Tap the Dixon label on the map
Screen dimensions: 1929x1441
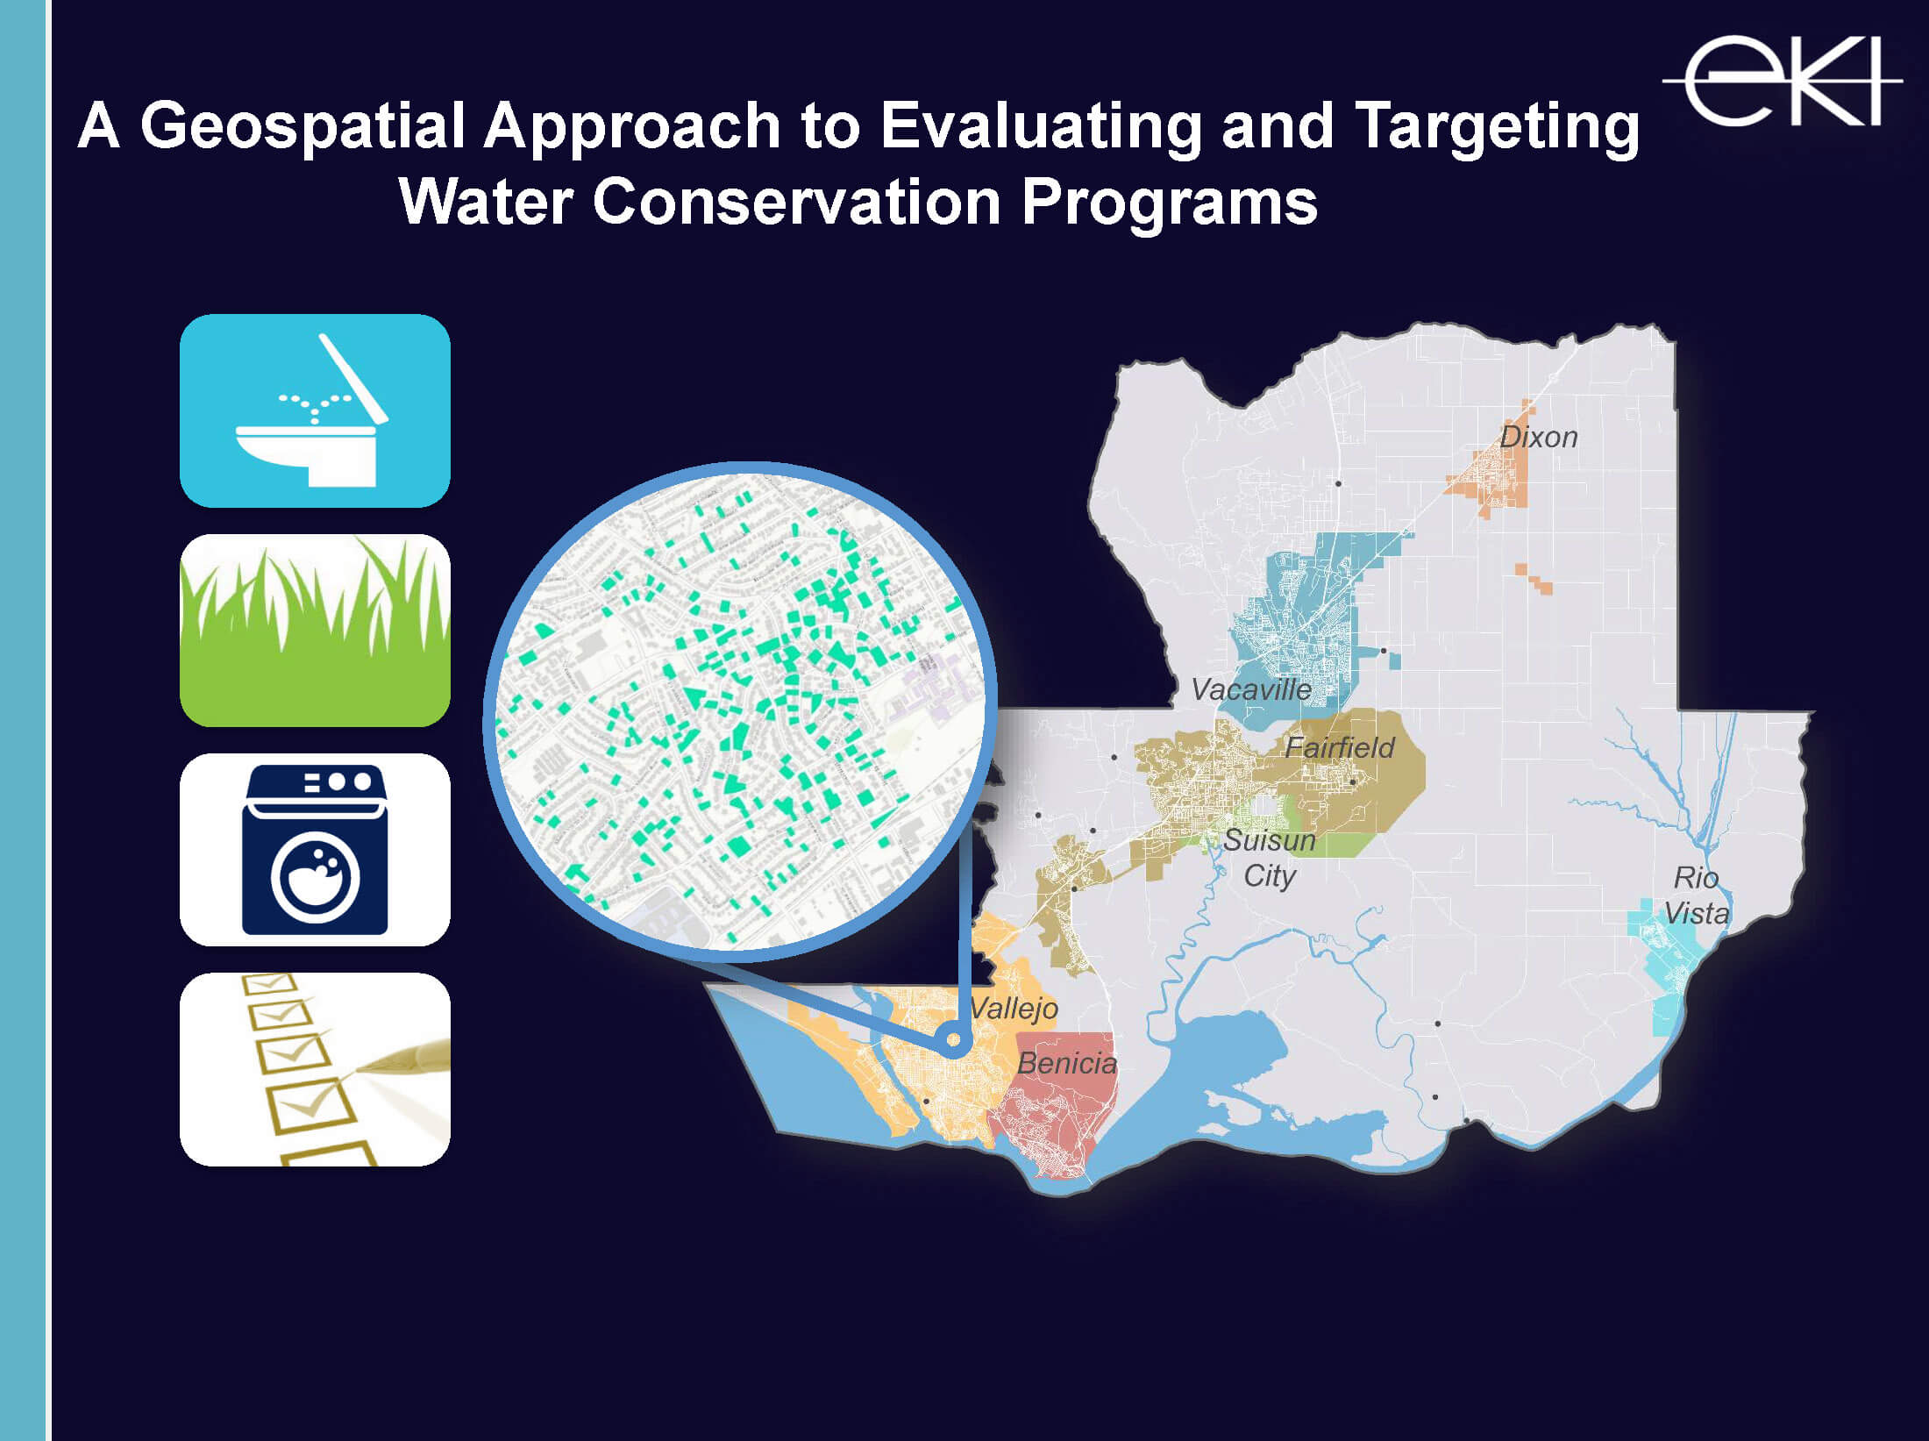pyautogui.click(x=1538, y=437)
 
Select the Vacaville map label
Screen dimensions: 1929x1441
pyautogui.click(x=1250, y=689)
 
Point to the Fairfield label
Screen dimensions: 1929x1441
pyautogui.click(x=1339, y=747)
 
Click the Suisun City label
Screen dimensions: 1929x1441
pyautogui.click(x=1269, y=858)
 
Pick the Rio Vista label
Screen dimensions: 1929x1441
pyautogui.click(x=1697, y=895)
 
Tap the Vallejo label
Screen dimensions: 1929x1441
pyautogui.click(x=1014, y=1009)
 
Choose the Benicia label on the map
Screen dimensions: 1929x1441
pyautogui.click(x=1067, y=1063)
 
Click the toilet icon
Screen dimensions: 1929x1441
pyautogui.click(x=315, y=410)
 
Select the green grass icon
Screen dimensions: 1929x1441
pyautogui.click(x=315, y=630)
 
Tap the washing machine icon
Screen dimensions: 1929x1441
pyautogui.click(x=315, y=849)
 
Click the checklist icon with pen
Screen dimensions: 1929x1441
pyautogui.click(x=315, y=1069)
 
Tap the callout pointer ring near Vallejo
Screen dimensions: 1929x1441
pyautogui.click(x=953, y=1042)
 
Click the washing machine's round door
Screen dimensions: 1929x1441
pyautogui.click(x=315, y=877)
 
